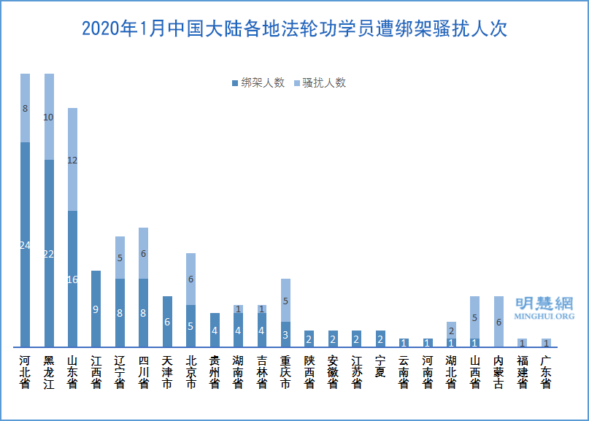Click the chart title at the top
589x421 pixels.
coord(294,29)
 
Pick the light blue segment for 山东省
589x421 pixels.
coord(72,159)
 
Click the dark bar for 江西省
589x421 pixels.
coord(96,309)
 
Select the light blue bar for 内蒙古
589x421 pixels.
coord(498,322)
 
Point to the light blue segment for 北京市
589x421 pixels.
coord(190,279)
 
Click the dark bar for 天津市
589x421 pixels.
coord(167,322)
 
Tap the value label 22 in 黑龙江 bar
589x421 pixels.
coord(49,254)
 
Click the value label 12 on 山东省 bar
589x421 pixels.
coord(72,161)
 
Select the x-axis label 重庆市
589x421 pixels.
coord(285,372)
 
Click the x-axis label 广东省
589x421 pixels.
coord(546,372)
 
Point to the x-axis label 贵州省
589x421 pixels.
coord(215,372)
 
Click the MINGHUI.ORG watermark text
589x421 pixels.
coord(544,317)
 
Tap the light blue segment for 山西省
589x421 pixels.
coord(475,317)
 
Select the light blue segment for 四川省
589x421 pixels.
coord(143,253)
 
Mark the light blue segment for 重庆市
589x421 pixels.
coord(285,300)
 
